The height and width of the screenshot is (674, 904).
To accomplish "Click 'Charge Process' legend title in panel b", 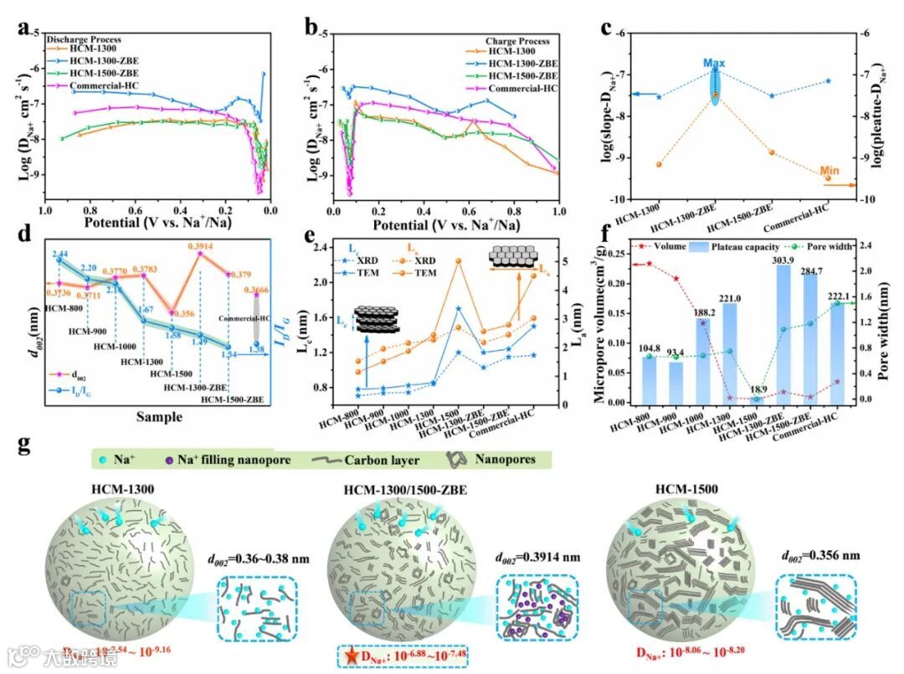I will (517, 40).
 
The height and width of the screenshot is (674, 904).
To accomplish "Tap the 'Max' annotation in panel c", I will (714, 63).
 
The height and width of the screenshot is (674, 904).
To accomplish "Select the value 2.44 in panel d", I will (59, 254).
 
